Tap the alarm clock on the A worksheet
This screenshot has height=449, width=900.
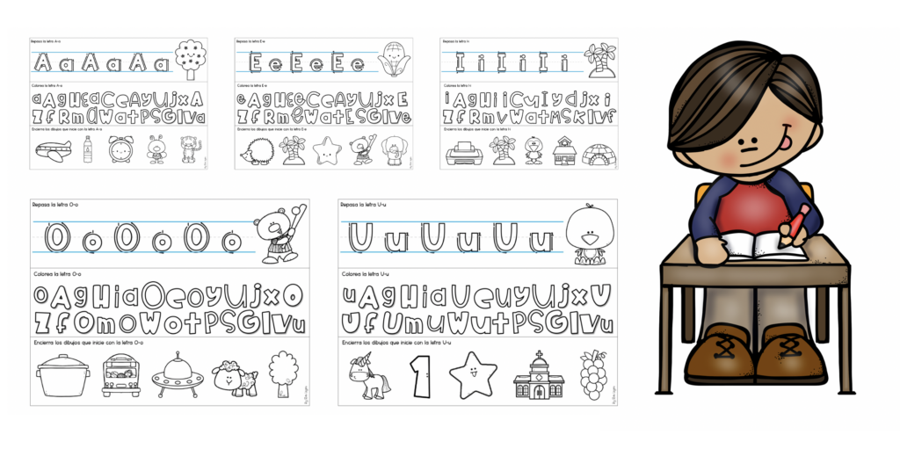[120, 150]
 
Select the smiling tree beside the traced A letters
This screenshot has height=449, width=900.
[189, 58]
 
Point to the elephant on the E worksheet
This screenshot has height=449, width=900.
[391, 150]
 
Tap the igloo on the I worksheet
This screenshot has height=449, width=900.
[599, 153]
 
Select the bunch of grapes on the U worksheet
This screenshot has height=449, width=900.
[592, 375]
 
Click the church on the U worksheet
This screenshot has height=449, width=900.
[537, 376]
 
